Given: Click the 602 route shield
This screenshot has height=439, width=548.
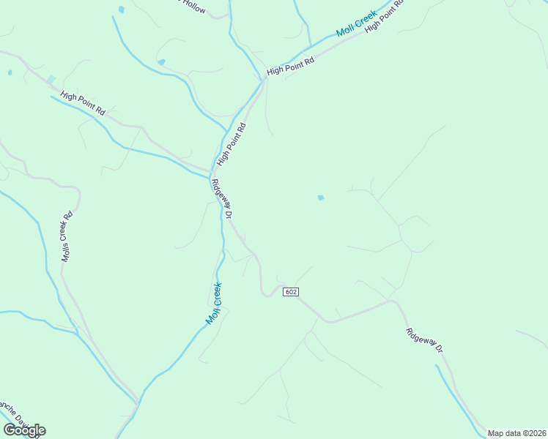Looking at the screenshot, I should coord(291,292).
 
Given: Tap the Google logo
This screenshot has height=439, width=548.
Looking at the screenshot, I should coord(24,430).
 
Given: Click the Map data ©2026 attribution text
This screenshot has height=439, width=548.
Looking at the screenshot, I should coord(517,433).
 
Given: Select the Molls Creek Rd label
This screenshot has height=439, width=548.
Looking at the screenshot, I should coord(67,236).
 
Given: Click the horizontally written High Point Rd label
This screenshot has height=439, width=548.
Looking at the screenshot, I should coord(290,66).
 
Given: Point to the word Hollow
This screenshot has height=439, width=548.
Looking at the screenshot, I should coord(194,5).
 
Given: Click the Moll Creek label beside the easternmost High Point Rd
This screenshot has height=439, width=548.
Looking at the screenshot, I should coord(356,23).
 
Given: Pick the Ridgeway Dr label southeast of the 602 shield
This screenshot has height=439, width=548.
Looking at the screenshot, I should coord(425,342).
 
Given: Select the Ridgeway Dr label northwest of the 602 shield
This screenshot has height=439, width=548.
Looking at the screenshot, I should coord(221,200).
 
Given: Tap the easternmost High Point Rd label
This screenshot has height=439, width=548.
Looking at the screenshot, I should coord(385,14).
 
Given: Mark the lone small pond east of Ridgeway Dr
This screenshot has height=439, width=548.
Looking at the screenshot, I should coord(320,198).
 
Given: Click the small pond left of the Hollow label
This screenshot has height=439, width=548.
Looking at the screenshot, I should coord(121,10).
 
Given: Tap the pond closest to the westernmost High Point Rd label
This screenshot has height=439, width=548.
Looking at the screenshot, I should coord(51,79).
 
